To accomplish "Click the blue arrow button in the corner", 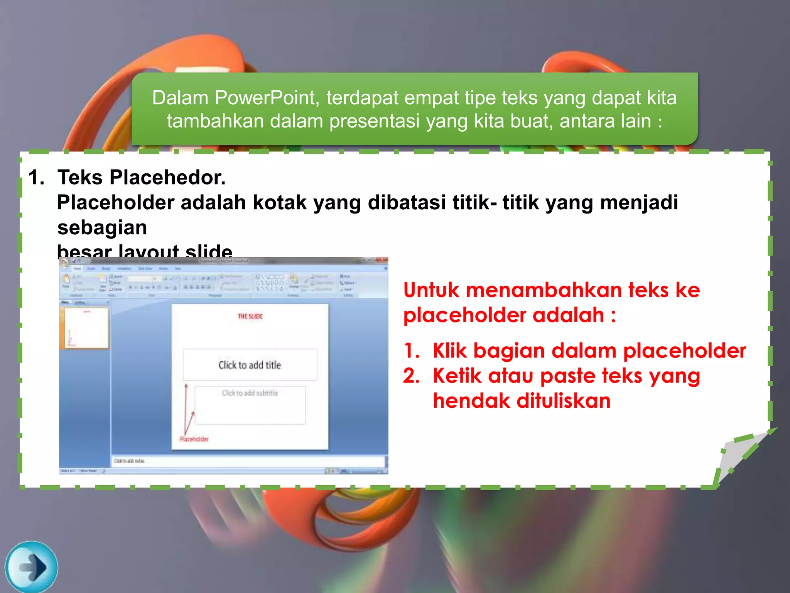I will pos(32,567).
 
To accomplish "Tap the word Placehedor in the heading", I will pos(167,178).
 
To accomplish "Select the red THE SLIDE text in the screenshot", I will pos(250,317).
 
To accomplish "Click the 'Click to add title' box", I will pos(250,365).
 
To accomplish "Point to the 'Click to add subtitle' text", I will pos(250,393).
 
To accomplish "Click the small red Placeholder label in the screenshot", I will pos(194,439).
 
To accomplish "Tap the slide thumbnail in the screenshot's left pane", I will pos(86,328).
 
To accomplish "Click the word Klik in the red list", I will pos(450,351).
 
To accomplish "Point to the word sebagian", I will pos(102,227).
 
